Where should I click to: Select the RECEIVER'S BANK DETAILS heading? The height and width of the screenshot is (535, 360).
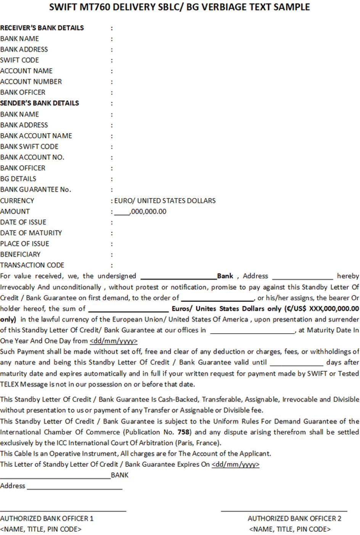(x=42, y=28)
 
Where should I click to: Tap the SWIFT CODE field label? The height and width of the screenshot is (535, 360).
(x=19, y=60)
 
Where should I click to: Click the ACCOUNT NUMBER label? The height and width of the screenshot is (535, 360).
(x=31, y=82)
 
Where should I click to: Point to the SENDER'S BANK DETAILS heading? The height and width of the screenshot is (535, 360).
(x=40, y=103)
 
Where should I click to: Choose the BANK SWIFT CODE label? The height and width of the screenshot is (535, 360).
(x=29, y=147)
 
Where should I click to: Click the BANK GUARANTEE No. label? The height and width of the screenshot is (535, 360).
(x=35, y=189)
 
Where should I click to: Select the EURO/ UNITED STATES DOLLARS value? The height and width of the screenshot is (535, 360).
(x=165, y=201)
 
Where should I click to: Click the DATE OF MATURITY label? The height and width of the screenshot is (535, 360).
(x=31, y=233)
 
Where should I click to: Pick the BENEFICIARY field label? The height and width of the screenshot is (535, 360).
(x=20, y=254)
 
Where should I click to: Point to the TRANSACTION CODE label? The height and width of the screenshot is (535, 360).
(x=32, y=265)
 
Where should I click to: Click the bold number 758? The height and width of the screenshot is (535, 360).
(x=183, y=432)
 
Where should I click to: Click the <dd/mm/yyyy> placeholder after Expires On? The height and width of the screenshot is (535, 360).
(x=235, y=464)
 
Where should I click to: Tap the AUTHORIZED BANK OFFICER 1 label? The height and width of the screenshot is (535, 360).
(x=47, y=518)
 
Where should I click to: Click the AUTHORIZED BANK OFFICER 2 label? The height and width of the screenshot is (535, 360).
(x=294, y=518)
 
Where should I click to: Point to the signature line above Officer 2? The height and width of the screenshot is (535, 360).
(x=284, y=511)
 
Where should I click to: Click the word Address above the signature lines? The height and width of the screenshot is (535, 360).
(x=13, y=486)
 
